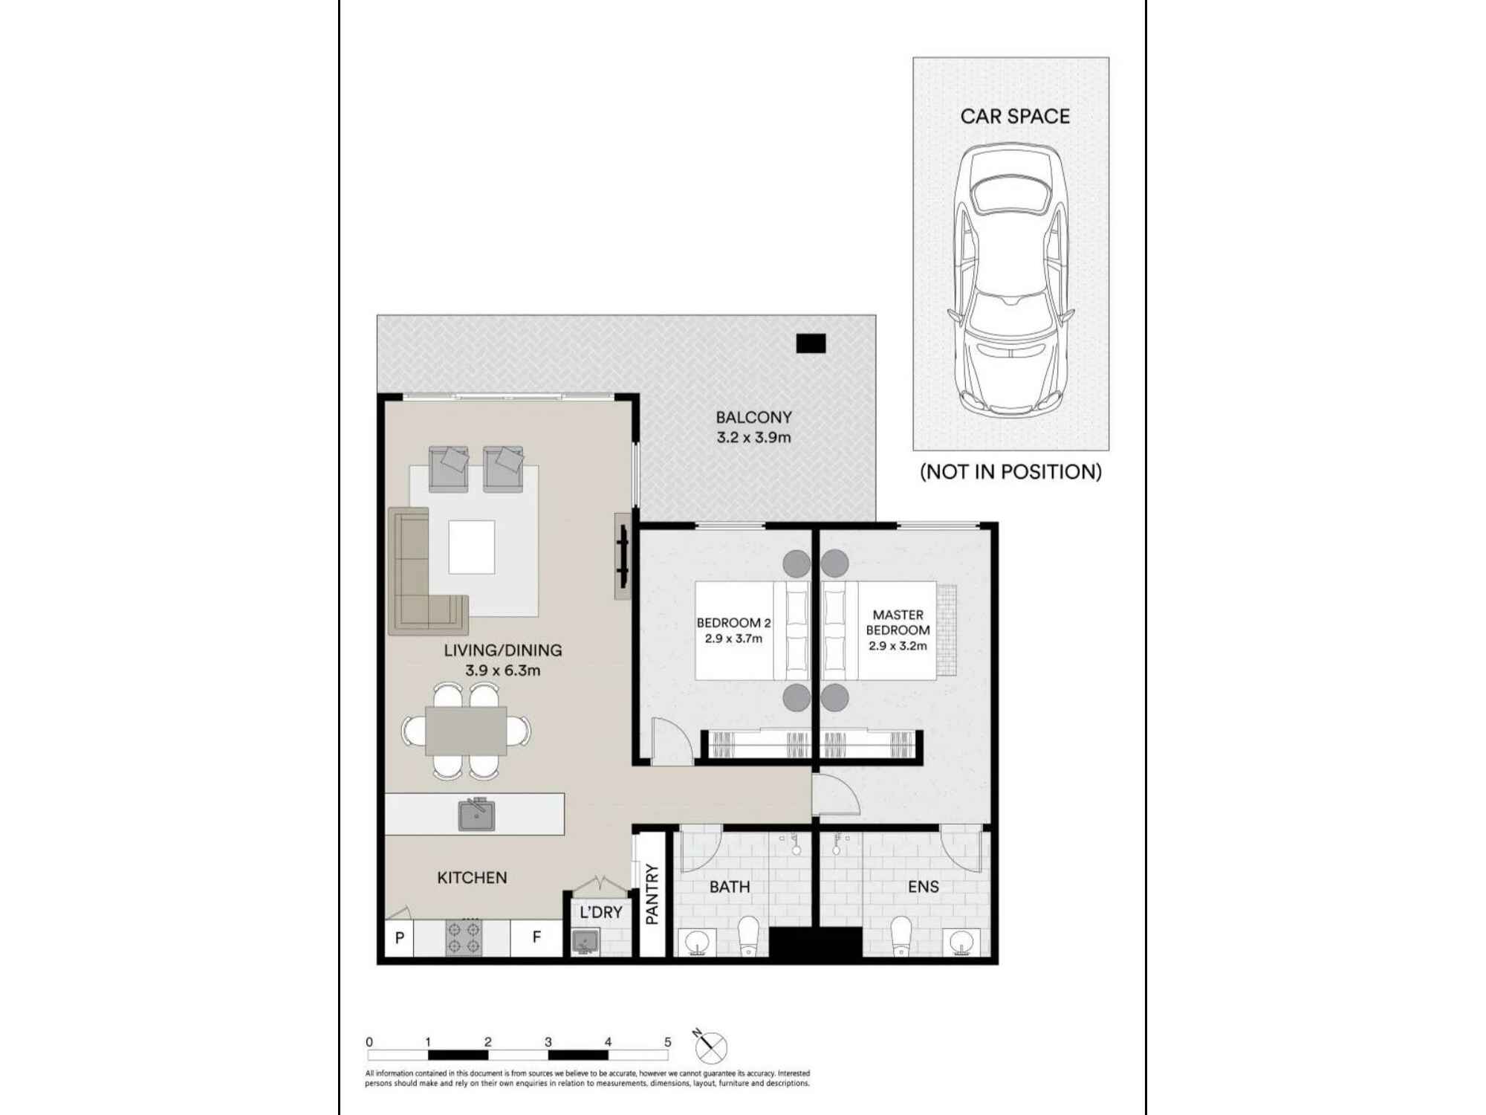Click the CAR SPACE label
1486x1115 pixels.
1015,117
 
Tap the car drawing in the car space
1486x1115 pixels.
1011,279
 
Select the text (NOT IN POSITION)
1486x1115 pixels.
1010,472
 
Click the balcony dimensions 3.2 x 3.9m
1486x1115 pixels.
753,438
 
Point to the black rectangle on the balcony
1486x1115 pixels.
811,343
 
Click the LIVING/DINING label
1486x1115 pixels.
503,650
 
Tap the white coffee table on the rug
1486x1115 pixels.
472,547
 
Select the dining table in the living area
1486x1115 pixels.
466,731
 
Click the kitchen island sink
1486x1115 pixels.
476,815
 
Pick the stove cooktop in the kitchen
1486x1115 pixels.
464,938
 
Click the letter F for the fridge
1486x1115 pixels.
536,937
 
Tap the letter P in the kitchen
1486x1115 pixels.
400,938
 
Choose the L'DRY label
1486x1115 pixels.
600,912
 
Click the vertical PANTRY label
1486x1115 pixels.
652,894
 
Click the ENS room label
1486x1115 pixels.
923,887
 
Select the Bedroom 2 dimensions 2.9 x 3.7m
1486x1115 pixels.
733,639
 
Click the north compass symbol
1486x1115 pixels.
710,1047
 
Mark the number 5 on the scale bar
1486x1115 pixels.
667,1042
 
